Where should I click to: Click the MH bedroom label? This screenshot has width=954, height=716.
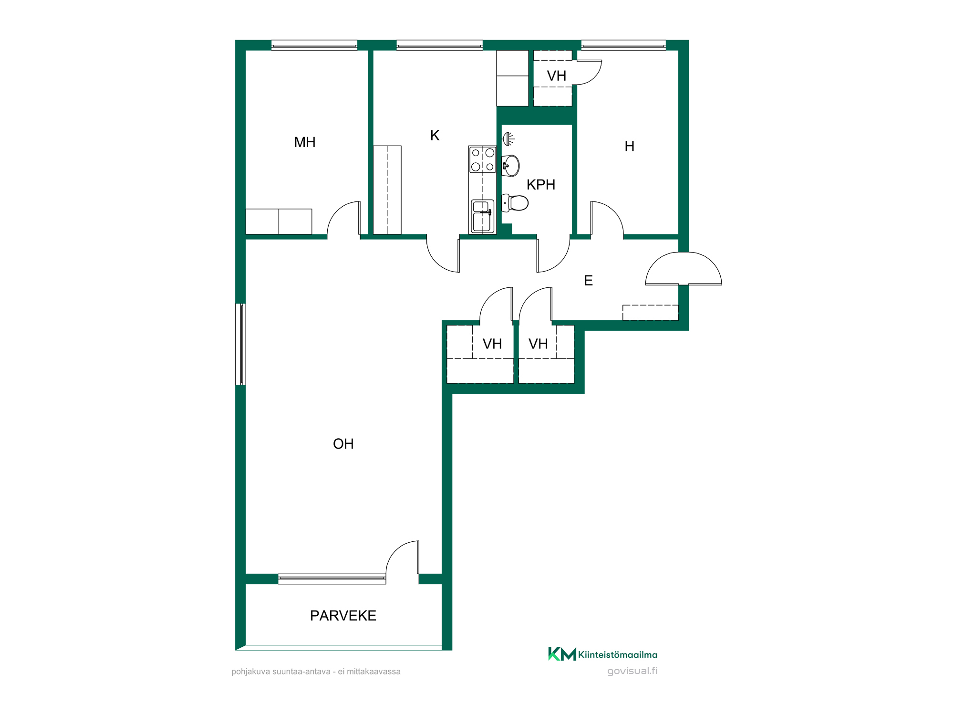point(305,142)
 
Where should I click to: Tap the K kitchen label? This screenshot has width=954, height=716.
point(435,136)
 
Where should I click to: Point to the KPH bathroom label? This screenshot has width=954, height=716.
point(541,185)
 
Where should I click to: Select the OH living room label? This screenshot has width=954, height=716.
point(343,444)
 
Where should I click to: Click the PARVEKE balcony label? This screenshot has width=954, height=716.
point(343,616)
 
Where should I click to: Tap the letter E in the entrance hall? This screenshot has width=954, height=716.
point(589,281)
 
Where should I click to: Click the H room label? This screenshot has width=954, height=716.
point(630,147)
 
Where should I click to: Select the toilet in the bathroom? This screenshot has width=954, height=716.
point(515,203)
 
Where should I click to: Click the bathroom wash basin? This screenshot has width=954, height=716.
point(511,166)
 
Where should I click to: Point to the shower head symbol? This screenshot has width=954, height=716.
point(508,139)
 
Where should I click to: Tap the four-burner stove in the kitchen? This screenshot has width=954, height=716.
point(483,160)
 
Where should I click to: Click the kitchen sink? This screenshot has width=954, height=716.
point(482,216)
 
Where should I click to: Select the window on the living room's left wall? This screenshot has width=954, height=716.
point(241,344)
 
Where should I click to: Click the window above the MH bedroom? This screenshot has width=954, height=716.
point(314,45)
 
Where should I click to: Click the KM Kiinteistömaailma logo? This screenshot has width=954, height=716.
point(603,654)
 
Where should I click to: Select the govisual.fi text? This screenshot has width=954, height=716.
point(633,671)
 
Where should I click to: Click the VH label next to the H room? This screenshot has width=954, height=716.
point(557,76)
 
